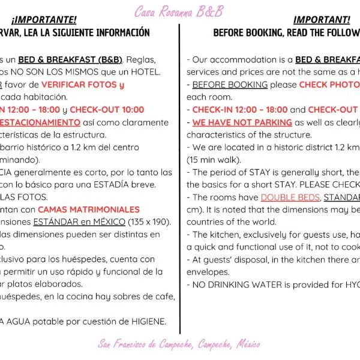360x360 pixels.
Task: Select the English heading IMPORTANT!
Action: [x=321, y=20]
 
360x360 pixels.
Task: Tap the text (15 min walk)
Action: [x=214, y=160]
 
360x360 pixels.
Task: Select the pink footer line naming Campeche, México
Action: [x=179, y=344]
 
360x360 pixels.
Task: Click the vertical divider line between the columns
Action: [x=180, y=180]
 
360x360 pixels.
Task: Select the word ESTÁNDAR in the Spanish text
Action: [x=58, y=222]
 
